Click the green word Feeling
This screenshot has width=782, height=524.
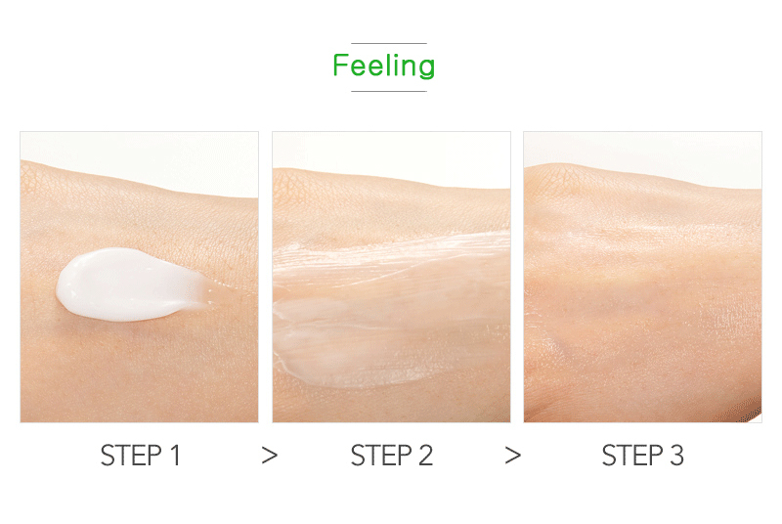tap(383, 65)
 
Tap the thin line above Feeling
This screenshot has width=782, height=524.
tap(389, 43)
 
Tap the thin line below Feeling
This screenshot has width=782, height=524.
tap(389, 91)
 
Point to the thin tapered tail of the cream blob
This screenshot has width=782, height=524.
tap(219, 290)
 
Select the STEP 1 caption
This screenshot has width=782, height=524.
tap(140, 456)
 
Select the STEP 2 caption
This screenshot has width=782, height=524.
tap(392, 456)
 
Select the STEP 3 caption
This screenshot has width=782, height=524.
tap(642, 456)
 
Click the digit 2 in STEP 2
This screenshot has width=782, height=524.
tap(425, 456)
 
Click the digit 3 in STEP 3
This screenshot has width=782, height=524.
tap(676, 456)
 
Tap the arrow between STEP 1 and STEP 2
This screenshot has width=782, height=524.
tap(270, 456)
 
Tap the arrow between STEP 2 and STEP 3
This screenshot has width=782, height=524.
tap(512, 456)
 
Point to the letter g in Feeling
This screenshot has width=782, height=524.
tap(426, 69)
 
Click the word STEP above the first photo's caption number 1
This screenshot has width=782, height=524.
tap(131, 456)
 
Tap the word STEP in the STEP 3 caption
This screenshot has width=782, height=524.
tap(632, 456)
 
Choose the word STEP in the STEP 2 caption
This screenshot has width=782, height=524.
tap(381, 456)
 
